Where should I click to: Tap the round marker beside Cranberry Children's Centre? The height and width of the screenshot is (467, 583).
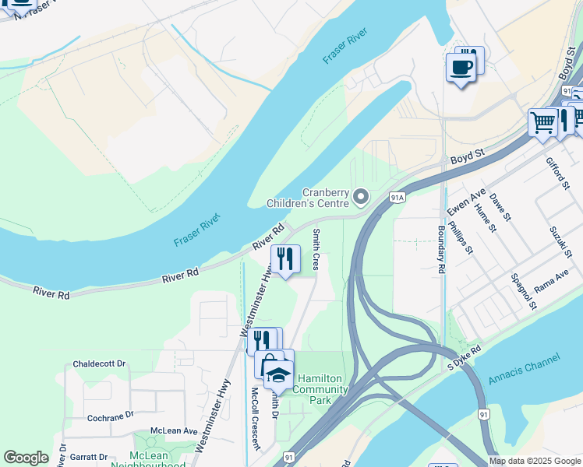coord(360,197)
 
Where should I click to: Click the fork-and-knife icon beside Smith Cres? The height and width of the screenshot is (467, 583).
coord(285,258)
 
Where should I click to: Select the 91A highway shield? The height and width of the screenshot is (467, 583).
coord(397,198)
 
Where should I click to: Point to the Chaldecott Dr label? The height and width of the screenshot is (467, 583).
coord(99,363)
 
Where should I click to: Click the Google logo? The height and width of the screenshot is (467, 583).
coord(26,457)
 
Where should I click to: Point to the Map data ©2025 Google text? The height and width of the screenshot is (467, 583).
coord(534,461)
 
